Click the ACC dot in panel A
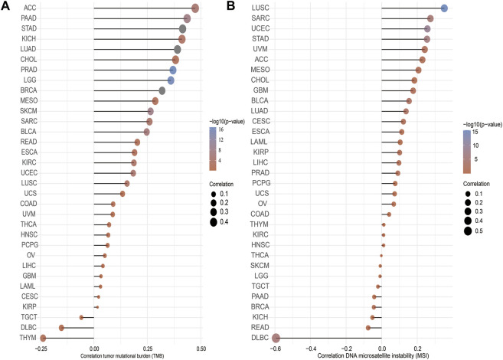195,8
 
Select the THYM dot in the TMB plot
43,338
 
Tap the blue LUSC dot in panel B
444,8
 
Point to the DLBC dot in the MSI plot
276,338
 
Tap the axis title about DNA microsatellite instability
360,355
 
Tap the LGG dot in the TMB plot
171,80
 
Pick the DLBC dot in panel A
61,327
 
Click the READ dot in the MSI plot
368,327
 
